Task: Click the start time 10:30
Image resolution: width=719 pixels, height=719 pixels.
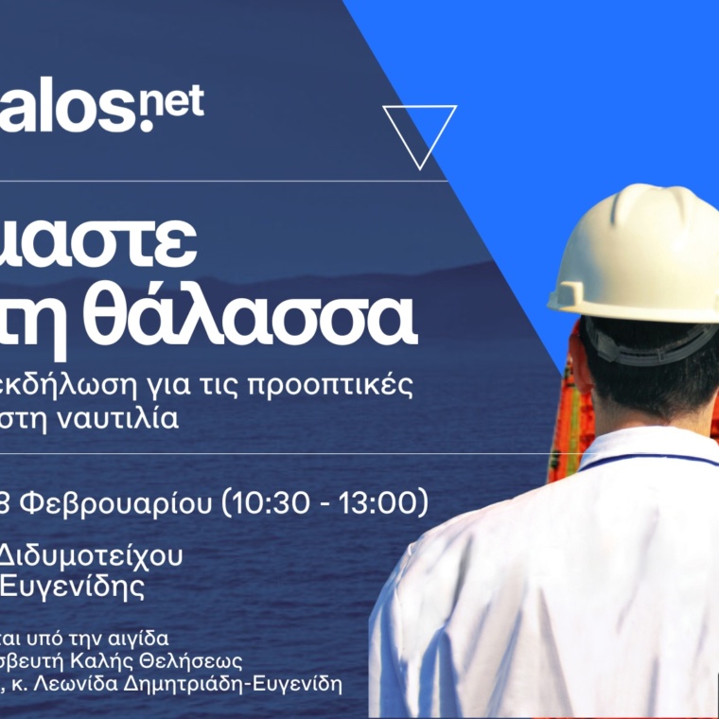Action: [273, 502]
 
